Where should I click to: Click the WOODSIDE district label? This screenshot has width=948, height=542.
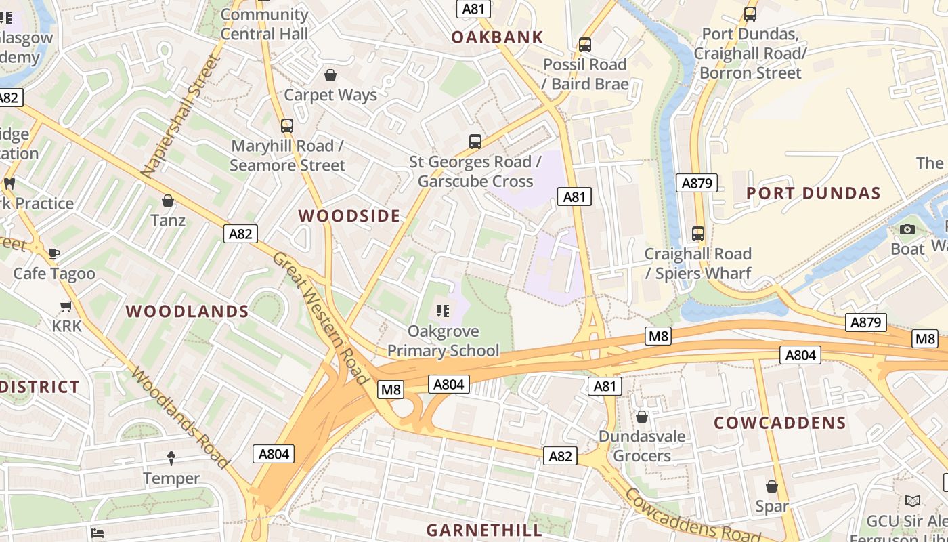tap(349, 216)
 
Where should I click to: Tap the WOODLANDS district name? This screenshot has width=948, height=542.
tap(188, 312)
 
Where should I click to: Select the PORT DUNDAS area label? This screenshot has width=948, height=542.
tap(813, 193)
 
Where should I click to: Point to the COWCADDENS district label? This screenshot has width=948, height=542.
tap(780, 423)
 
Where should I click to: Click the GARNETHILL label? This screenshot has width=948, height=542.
tap(485, 530)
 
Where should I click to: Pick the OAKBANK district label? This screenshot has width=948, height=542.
tap(498, 37)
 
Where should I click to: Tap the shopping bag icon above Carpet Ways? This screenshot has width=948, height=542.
tap(330, 75)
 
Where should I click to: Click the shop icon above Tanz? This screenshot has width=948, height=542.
tap(168, 201)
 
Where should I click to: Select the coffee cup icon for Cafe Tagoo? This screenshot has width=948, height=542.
tap(54, 253)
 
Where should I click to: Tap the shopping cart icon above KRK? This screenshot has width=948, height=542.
tap(66, 306)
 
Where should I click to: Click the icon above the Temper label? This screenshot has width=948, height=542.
tap(171, 459)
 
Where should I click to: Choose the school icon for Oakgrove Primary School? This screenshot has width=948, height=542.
tap(443, 311)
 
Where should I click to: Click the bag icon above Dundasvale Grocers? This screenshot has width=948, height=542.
tap(641, 416)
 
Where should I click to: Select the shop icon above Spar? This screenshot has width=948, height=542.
tap(772, 486)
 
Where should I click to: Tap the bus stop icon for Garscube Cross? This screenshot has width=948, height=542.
tap(475, 142)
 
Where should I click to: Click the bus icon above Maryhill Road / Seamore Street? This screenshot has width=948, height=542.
tap(287, 125)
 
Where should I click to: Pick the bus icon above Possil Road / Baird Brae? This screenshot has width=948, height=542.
tap(585, 45)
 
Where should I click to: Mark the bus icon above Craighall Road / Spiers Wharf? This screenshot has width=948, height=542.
tap(698, 234)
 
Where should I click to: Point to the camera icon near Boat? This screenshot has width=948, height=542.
tap(907, 229)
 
